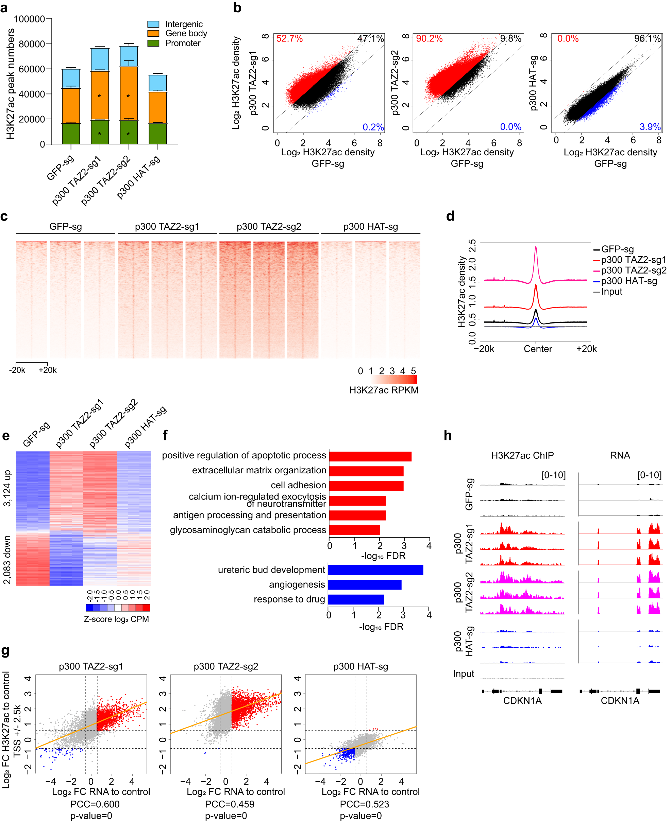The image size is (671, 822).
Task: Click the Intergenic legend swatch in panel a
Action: pyautogui.click(x=153, y=24)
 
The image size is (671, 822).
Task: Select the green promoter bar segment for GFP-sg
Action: pyautogui.click(x=71, y=133)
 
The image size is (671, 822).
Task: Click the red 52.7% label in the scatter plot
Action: pyautogui.click(x=289, y=39)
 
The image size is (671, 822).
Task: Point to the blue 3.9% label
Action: pyautogui.click(x=650, y=127)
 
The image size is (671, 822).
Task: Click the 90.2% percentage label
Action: pyautogui.click(x=429, y=39)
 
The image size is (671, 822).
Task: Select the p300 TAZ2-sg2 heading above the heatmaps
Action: pyautogui.click(x=269, y=227)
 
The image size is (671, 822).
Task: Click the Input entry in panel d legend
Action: pyautogui.click(x=611, y=292)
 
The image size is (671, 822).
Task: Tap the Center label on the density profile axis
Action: pyautogui.click(x=538, y=349)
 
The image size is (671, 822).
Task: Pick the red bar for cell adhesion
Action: pyautogui.click(x=366, y=485)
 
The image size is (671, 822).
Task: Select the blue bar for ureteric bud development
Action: pyautogui.click(x=375, y=570)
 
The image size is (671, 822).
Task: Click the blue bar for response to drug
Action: pyautogui.click(x=356, y=599)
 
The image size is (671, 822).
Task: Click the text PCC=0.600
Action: pyautogui.click(x=95, y=804)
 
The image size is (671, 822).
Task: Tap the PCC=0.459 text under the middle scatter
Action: pyautogui.click(x=230, y=804)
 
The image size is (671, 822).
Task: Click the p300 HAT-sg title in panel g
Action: pyautogui.click(x=360, y=666)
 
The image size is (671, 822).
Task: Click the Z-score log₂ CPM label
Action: pyautogui.click(x=116, y=619)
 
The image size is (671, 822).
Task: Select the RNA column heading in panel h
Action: pyautogui.click(x=620, y=455)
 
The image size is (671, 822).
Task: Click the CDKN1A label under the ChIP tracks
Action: pyautogui.click(x=522, y=700)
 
